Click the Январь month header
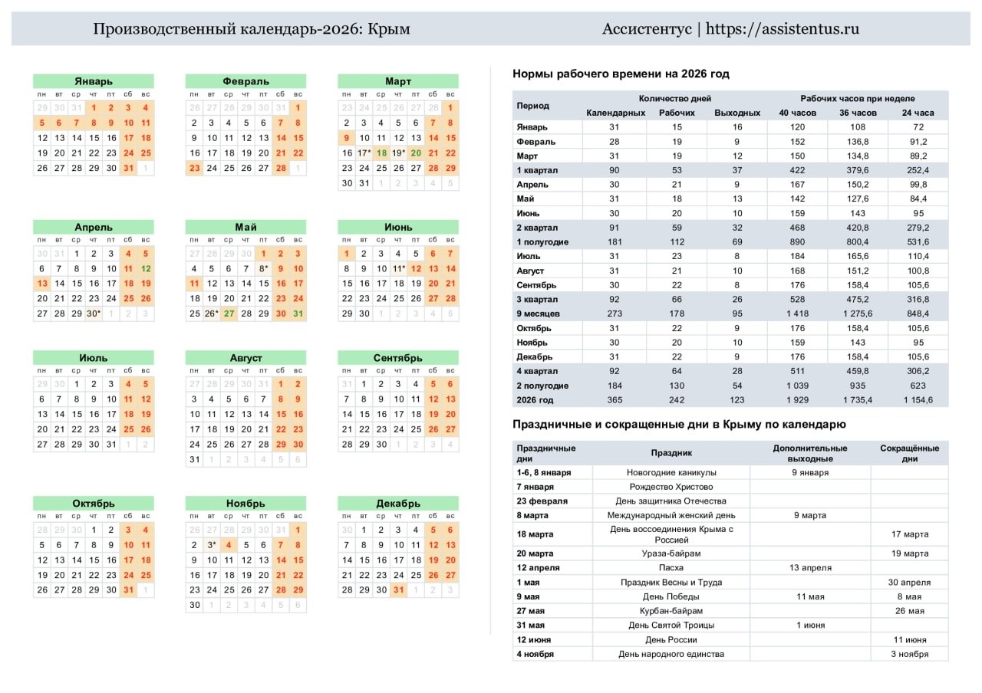[x=93, y=81]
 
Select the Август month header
[x=245, y=358]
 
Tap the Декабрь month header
[x=398, y=504]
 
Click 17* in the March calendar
[x=364, y=153]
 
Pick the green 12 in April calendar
[x=146, y=269]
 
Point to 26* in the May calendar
[x=211, y=314]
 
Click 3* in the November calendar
[x=211, y=545]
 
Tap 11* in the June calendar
[x=399, y=269]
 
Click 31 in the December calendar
[x=398, y=590]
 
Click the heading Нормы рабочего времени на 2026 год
[x=621, y=74]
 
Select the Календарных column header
[x=615, y=113]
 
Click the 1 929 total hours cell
[x=798, y=400]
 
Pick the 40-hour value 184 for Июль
[x=798, y=256]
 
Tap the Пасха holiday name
[x=671, y=568]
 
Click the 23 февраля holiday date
[x=542, y=501]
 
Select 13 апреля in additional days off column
[x=810, y=568]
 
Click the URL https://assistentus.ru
[x=783, y=29]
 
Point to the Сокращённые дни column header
[x=909, y=453]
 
